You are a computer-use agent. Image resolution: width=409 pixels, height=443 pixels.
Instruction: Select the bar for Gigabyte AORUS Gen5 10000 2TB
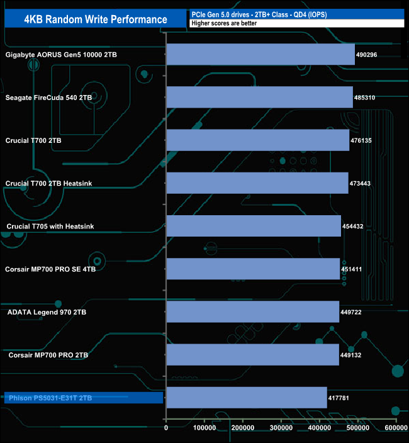point(261,55)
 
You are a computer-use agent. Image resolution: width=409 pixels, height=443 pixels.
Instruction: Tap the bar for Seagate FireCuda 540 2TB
point(259,98)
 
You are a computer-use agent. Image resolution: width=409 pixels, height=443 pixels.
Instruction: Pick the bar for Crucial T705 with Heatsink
point(254,226)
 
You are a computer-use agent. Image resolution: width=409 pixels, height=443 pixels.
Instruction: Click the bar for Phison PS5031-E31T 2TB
point(246,398)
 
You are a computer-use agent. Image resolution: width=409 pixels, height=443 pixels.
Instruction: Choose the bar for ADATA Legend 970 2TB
point(252,311)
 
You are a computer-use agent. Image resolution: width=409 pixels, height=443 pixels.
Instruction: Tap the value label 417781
point(340,398)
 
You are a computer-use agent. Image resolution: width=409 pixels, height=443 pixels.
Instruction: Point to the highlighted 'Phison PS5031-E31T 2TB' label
point(50,398)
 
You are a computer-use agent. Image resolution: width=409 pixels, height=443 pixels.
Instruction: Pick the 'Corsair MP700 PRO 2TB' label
point(48,355)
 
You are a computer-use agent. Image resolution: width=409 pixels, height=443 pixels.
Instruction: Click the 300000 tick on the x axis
point(281,429)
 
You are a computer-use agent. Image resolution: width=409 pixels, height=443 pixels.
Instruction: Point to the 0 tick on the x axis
point(166,429)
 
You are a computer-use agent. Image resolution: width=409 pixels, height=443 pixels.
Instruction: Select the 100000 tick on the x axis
point(204,429)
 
